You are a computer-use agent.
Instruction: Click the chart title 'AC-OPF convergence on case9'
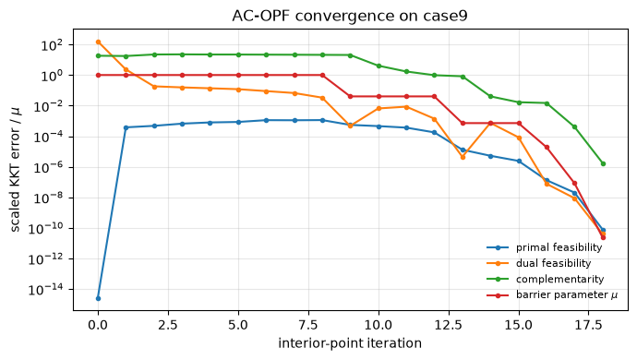tap(350, 16)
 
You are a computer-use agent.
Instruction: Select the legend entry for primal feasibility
tap(545, 247)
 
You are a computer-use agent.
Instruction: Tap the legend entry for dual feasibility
tap(539, 263)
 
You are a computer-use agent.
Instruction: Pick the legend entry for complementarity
tap(546, 279)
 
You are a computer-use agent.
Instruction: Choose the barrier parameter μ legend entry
tap(552, 295)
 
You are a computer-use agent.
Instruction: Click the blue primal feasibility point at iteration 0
tap(98, 299)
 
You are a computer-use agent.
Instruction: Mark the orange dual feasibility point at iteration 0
tap(98, 42)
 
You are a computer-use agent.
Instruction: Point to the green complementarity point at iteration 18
tap(603, 163)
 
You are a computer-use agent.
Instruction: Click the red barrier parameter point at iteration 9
tap(350, 96)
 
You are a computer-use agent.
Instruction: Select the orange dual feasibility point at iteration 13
tap(463, 157)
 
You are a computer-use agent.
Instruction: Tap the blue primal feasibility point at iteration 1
tap(126, 127)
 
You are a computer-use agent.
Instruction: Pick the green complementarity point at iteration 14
tap(491, 96)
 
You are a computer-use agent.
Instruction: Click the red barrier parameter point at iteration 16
tap(547, 147)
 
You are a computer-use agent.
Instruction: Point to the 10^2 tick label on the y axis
tap(52, 44)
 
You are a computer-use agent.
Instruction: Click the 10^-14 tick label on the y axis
tap(46, 290)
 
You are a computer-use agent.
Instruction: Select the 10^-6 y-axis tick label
tap(48, 167)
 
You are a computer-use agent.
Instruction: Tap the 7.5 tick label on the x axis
tap(308, 325)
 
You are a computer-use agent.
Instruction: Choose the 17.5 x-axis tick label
tap(589, 325)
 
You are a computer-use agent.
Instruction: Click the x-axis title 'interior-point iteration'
tap(350, 343)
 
